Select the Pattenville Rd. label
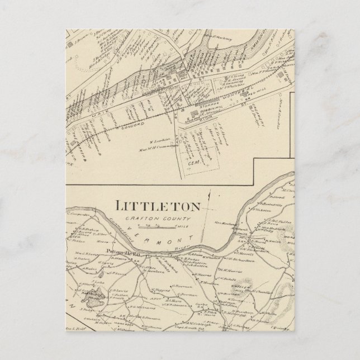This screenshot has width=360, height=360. click(x=121, y=253)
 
